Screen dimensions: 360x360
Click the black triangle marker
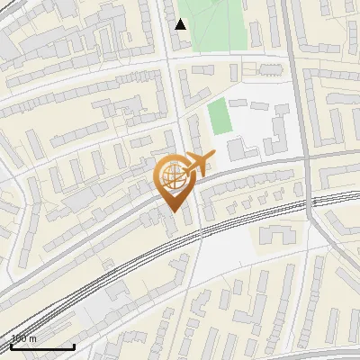click(x=181, y=24)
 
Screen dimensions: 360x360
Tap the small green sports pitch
click(x=220, y=117)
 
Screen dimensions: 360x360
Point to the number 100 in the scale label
click(x=21, y=339)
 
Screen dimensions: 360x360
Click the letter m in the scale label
click(x=34, y=339)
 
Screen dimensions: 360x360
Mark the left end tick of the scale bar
click(x=11, y=345)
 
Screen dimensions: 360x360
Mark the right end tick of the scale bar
click(x=74, y=345)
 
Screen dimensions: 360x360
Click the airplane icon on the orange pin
click(x=198, y=164)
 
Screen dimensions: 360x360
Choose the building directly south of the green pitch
click(x=238, y=148)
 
